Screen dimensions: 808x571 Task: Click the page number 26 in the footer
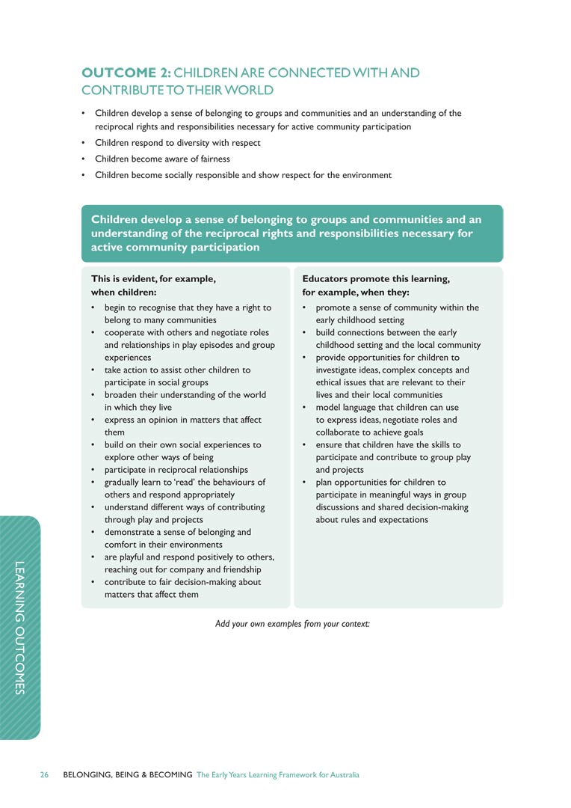pos(44,775)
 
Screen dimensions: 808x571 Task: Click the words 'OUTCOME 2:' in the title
pos(126,73)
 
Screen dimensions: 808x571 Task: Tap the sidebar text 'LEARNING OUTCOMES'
pos(21,627)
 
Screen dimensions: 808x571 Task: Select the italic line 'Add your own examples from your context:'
pos(292,623)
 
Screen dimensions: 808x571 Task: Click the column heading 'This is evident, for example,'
pos(153,278)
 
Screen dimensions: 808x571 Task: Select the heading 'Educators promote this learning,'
pos(376,278)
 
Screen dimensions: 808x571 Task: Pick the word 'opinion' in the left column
pos(154,420)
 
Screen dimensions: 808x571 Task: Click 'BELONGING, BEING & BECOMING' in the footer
pos(128,775)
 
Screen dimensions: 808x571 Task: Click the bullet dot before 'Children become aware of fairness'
pos(83,159)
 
